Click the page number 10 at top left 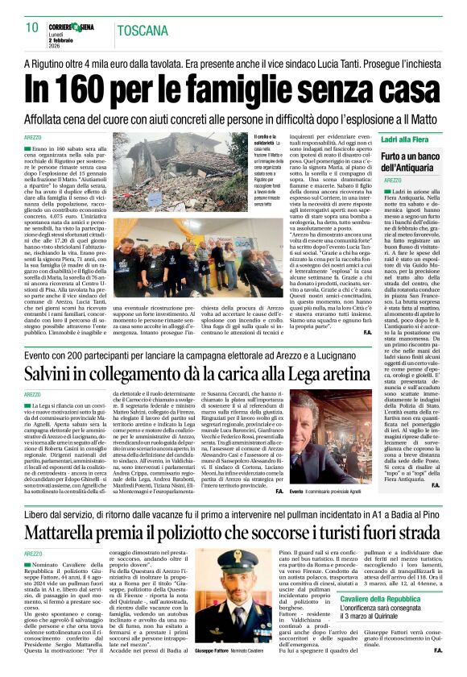coord(32,28)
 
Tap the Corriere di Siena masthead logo coord(72,27)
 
